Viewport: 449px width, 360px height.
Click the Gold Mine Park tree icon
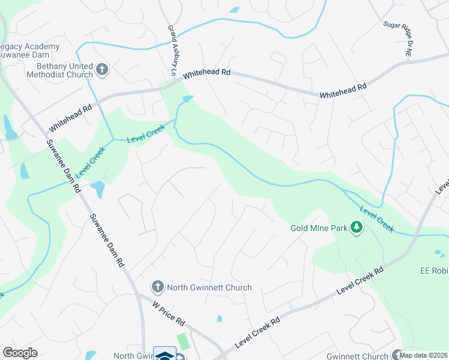point(357,227)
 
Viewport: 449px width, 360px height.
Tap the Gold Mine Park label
point(320,228)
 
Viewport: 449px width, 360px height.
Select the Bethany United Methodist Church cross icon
point(101,70)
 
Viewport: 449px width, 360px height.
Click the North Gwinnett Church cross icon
point(157,287)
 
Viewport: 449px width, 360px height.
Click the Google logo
point(20,353)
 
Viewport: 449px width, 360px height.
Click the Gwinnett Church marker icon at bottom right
point(397,355)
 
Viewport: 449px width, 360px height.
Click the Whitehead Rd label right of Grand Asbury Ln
point(207,73)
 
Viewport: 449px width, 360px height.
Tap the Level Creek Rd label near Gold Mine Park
point(360,280)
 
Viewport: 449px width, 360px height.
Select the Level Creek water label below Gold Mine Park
point(377,218)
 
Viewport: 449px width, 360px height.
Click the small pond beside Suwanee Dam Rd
point(98,190)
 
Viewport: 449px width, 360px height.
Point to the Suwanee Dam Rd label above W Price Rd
point(107,241)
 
